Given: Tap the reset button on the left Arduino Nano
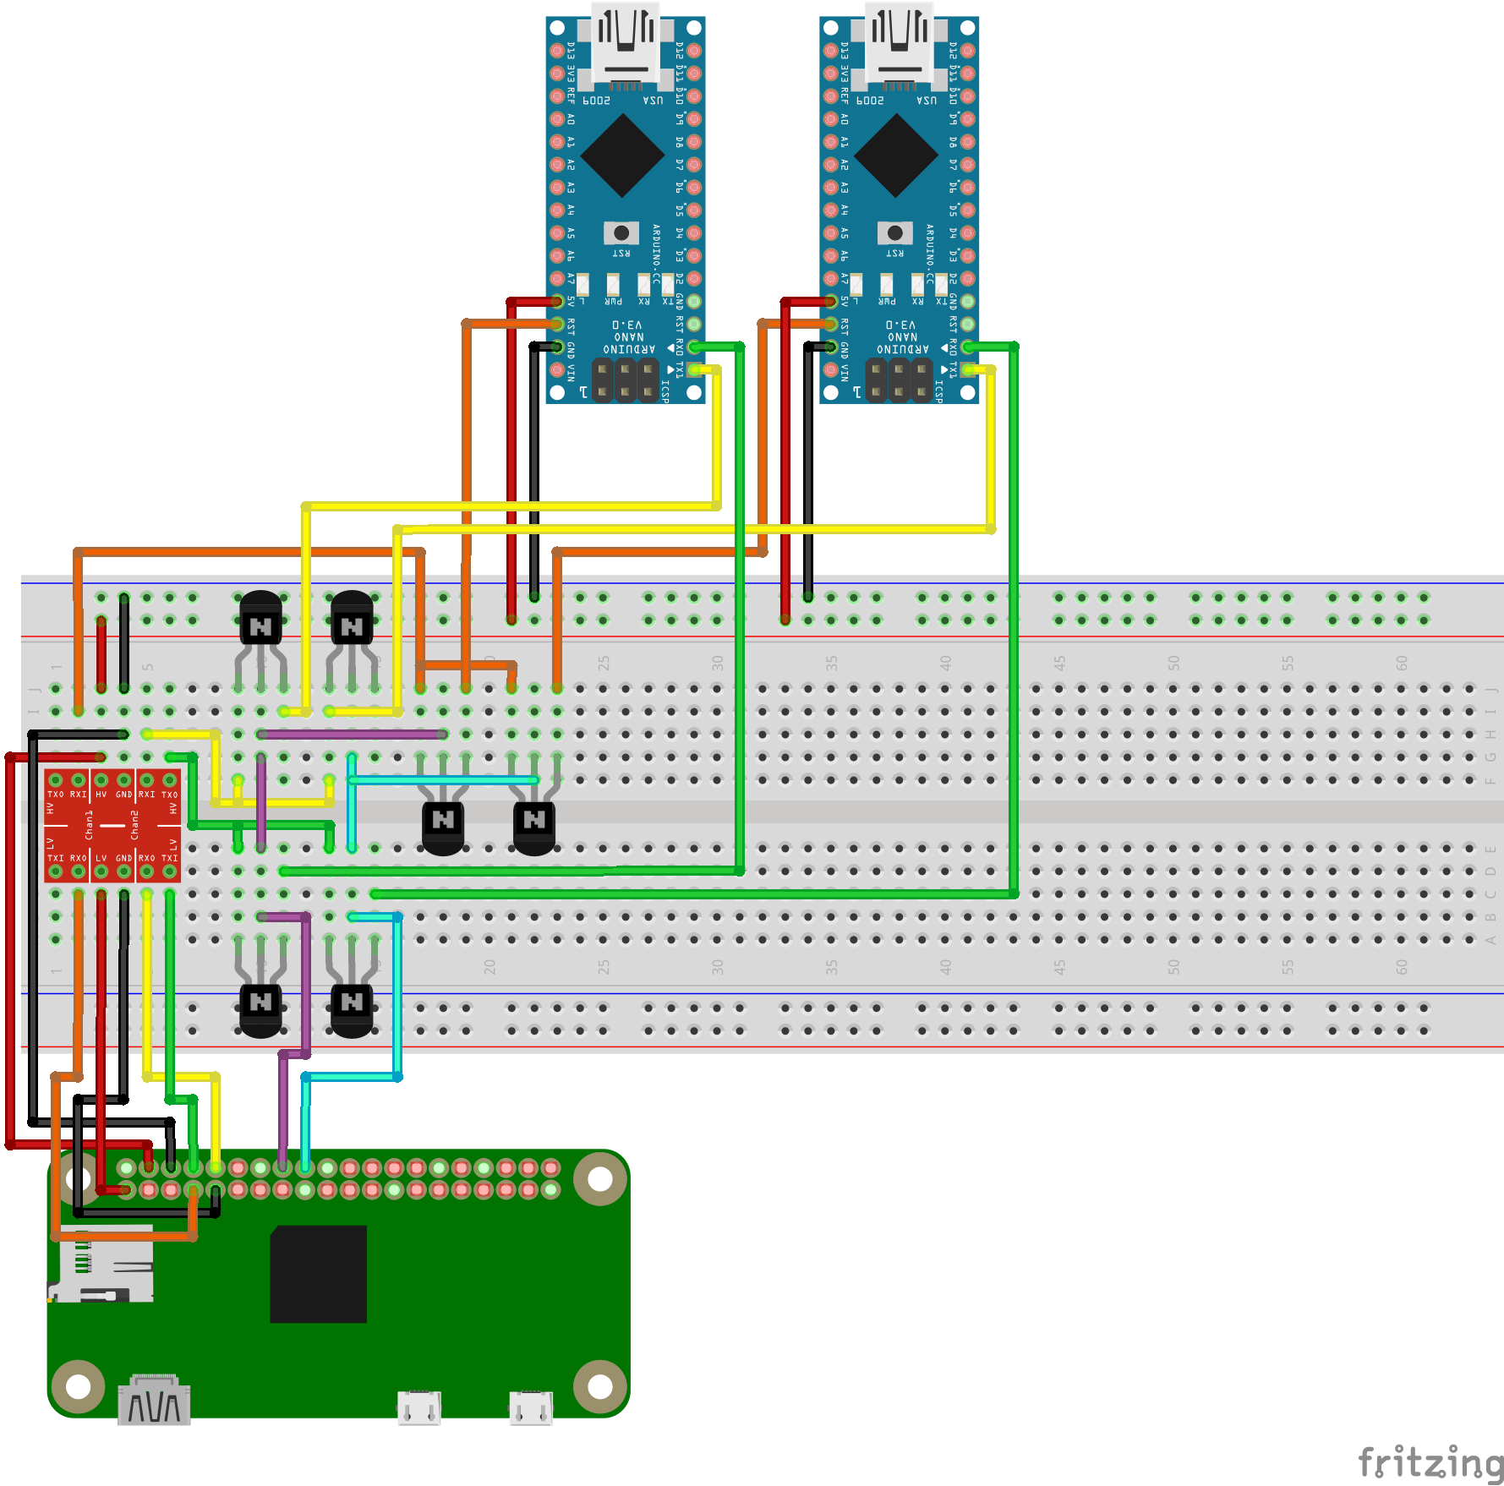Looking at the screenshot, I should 621,232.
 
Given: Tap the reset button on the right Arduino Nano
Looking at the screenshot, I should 895,232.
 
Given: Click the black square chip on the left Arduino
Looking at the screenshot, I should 622,156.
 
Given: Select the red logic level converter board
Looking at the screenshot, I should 112,825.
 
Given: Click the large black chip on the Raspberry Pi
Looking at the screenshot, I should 319,1273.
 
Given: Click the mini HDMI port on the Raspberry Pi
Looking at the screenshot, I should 154,1401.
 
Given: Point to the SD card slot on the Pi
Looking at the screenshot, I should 101,1265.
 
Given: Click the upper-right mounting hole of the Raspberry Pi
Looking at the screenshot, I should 600,1178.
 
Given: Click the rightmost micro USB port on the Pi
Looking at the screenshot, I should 531,1407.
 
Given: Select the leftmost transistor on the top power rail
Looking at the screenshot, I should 260,626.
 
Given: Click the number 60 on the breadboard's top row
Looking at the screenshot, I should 1402,664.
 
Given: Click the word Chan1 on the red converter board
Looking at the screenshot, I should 89,825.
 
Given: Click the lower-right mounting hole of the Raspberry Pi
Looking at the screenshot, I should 600,1386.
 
